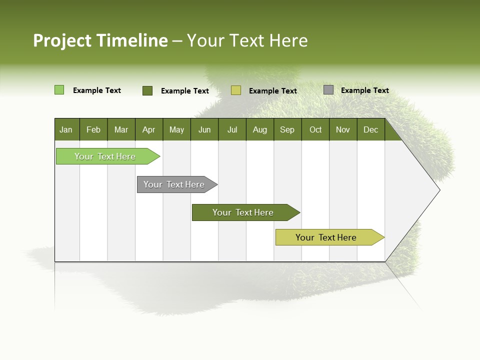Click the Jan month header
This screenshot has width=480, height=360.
66,129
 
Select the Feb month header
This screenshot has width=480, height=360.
93,129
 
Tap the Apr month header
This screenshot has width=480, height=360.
148,129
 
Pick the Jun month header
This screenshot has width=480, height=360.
204,129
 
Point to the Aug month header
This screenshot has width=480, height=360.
259,129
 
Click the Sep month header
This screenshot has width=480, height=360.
287,129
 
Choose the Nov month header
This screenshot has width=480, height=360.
342,129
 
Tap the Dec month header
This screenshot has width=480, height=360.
370,129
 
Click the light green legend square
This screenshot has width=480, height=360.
59,90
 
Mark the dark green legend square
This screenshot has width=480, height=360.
147,90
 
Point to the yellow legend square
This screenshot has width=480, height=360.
236,90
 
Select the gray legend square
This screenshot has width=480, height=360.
328,90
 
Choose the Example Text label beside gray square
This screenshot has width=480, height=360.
364,90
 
